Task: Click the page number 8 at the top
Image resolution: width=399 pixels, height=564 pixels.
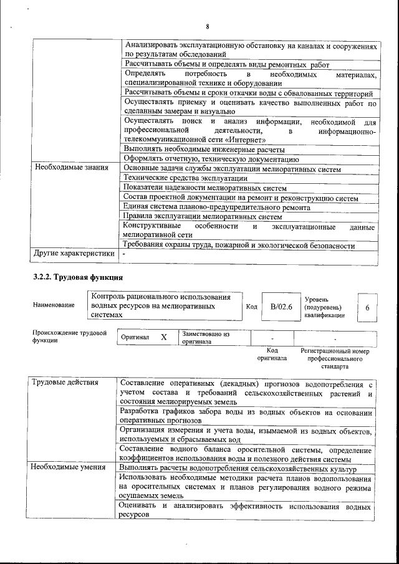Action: click(206, 26)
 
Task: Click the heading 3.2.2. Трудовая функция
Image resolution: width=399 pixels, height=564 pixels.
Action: click(78, 276)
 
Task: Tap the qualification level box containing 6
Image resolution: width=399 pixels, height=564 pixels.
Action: click(367, 307)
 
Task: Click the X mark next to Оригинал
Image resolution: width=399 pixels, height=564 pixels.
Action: click(164, 337)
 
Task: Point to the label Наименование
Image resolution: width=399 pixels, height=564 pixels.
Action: click(54, 305)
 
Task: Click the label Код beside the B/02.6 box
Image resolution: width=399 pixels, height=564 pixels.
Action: click(251, 307)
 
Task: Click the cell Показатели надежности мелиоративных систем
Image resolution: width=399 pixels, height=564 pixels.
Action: click(205, 188)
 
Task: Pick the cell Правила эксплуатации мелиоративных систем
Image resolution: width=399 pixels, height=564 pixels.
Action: click(203, 217)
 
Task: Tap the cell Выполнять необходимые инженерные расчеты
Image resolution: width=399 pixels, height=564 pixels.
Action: click(204, 150)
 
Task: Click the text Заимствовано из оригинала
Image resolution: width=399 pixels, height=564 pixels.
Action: click(206, 338)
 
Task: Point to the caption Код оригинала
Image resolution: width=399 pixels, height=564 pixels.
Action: click(272, 355)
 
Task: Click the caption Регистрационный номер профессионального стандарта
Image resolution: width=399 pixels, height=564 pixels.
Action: click(335, 359)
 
